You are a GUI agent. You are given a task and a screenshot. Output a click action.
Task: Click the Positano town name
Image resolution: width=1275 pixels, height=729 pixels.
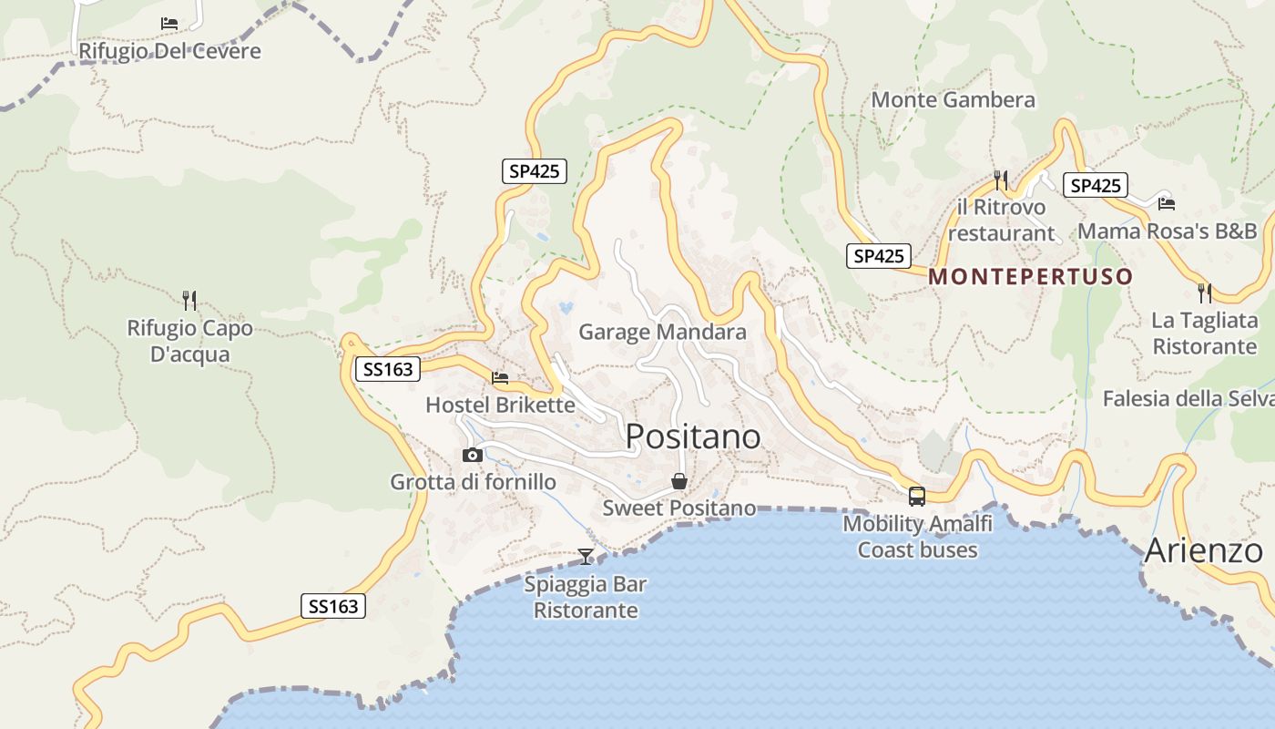pyautogui.click(x=692, y=437)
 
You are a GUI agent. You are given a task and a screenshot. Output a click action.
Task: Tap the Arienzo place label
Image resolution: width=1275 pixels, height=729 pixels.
pyautogui.click(x=1203, y=551)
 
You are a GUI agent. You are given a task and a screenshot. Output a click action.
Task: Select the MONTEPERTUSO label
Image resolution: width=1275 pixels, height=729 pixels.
pyautogui.click(x=1031, y=277)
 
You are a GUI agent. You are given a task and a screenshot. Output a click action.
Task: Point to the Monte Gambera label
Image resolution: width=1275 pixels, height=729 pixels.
pyautogui.click(x=954, y=100)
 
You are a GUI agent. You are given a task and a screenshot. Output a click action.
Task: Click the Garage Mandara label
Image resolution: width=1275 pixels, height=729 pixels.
pyautogui.click(x=662, y=333)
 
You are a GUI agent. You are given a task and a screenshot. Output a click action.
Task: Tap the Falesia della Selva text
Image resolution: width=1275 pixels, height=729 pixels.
pyautogui.click(x=1188, y=399)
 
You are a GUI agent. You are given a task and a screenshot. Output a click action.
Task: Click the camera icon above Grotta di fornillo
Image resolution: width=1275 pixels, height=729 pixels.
pyautogui.click(x=472, y=455)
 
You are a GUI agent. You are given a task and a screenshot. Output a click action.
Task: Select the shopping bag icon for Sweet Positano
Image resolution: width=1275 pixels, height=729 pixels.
pyautogui.click(x=679, y=481)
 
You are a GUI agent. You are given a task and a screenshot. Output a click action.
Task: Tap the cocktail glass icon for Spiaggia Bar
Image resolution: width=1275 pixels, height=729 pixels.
pyautogui.click(x=586, y=556)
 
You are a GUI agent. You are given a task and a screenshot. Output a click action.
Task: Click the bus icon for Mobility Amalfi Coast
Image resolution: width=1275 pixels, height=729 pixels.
pyautogui.click(x=917, y=497)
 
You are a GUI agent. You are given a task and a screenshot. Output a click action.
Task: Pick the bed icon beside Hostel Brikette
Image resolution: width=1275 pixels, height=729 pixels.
pyautogui.click(x=500, y=377)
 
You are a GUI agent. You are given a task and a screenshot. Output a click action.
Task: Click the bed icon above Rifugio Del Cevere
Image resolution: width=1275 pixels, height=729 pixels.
pyautogui.click(x=169, y=24)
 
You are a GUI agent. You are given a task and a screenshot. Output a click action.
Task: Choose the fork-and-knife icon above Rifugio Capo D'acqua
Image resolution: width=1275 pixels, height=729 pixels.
pyautogui.click(x=189, y=300)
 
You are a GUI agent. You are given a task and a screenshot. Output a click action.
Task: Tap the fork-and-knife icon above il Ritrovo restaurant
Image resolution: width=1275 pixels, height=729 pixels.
pyautogui.click(x=1001, y=180)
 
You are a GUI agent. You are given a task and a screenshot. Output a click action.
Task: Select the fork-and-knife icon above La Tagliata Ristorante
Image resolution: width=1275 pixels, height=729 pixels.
pyautogui.click(x=1204, y=293)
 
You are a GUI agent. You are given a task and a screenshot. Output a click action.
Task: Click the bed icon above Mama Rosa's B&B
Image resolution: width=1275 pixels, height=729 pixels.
pyautogui.click(x=1167, y=203)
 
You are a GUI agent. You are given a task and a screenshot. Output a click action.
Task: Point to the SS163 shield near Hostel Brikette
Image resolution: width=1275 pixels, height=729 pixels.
pyautogui.click(x=388, y=369)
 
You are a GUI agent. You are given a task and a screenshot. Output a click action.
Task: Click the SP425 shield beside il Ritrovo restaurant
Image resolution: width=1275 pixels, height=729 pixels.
pyautogui.click(x=1095, y=186)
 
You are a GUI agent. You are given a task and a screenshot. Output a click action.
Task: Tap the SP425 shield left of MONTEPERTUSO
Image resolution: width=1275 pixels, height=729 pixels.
pyautogui.click(x=878, y=256)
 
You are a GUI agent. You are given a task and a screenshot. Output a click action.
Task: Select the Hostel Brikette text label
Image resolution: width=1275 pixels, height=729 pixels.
pyautogui.click(x=500, y=406)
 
